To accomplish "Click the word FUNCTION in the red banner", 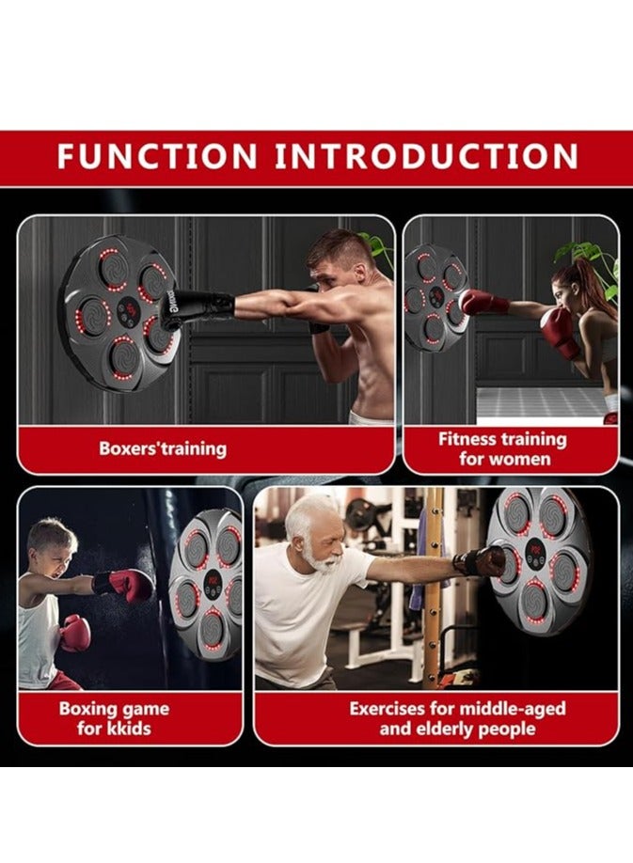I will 157,156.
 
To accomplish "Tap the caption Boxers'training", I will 163,448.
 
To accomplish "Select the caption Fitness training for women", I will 502,448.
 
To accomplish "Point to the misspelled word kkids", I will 126,729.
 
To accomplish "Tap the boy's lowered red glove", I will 74,633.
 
